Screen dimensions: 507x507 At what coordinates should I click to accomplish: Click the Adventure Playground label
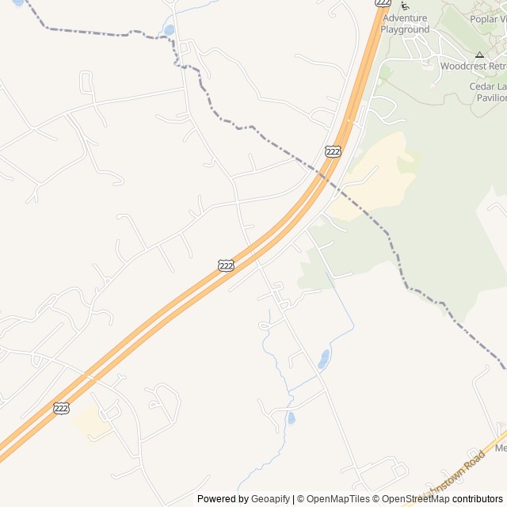tap(404, 24)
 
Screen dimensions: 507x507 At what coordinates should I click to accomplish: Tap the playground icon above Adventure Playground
tap(406, 6)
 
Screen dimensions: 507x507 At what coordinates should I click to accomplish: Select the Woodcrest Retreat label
tap(473, 67)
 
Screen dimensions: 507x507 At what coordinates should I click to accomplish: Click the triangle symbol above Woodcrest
tap(479, 55)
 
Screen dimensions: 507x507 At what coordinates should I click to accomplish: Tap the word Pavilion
tap(489, 98)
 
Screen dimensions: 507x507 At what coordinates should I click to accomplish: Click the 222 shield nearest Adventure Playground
tap(383, 2)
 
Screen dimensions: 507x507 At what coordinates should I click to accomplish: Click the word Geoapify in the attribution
tap(270, 499)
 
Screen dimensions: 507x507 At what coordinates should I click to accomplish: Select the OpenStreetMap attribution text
tap(416, 499)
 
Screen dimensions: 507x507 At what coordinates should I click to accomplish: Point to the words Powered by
tap(223, 499)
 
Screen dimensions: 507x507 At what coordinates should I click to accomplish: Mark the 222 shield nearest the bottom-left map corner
tap(62, 408)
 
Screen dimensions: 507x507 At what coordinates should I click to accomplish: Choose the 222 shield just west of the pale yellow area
tap(334, 151)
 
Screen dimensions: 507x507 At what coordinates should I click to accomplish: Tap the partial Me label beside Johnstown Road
tap(500, 448)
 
